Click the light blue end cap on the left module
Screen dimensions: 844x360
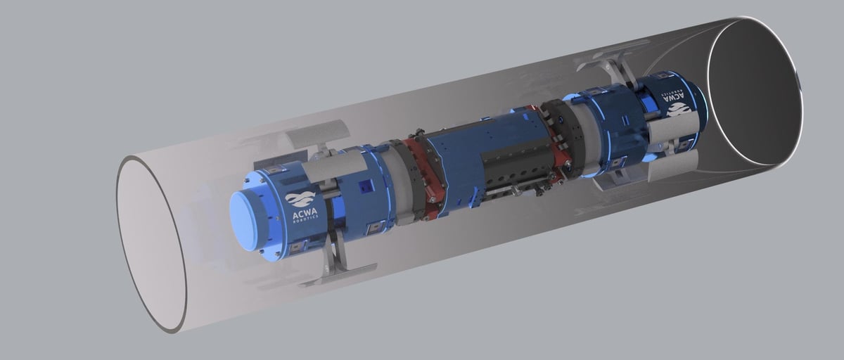click(250, 221)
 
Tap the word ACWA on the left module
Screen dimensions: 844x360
click(305, 213)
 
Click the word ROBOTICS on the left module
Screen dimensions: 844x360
click(305, 221)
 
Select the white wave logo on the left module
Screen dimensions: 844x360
click(300, 199)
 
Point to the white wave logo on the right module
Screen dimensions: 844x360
click(679, 109)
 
